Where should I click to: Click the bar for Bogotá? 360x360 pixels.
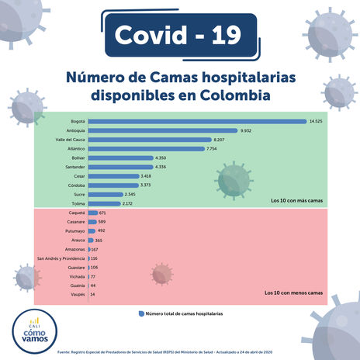(x=197, y=122)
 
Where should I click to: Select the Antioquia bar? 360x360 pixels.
(x=163, y=130)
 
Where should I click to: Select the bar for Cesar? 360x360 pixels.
(x=107, y=176)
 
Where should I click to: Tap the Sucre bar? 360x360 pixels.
(x=105, y=194)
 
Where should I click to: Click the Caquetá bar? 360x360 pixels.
(x=93, y=213)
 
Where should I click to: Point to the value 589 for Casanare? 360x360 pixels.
(x=101, y=222)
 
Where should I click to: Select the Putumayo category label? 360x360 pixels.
(x=72, y=230)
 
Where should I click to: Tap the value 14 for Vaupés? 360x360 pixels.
(x=93, y=295)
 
